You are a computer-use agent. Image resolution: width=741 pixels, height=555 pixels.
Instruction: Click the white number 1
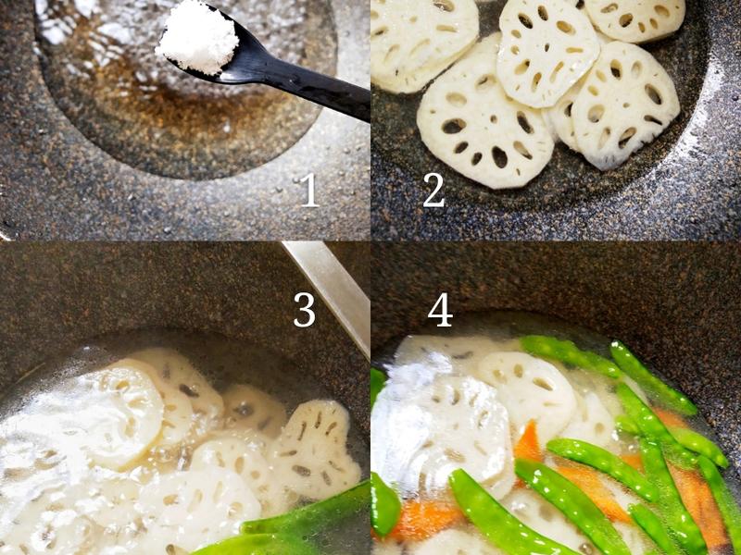click(x=308, y=190)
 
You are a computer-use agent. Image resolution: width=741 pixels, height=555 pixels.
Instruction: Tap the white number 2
click(x=433, y=190)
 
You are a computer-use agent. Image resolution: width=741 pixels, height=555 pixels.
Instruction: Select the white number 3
click(x=305, y=311)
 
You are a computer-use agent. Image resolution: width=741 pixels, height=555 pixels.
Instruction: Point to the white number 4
click(x=439, y=311)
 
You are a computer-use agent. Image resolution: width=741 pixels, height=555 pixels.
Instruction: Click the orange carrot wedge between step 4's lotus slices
click(x=527, y=444)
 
